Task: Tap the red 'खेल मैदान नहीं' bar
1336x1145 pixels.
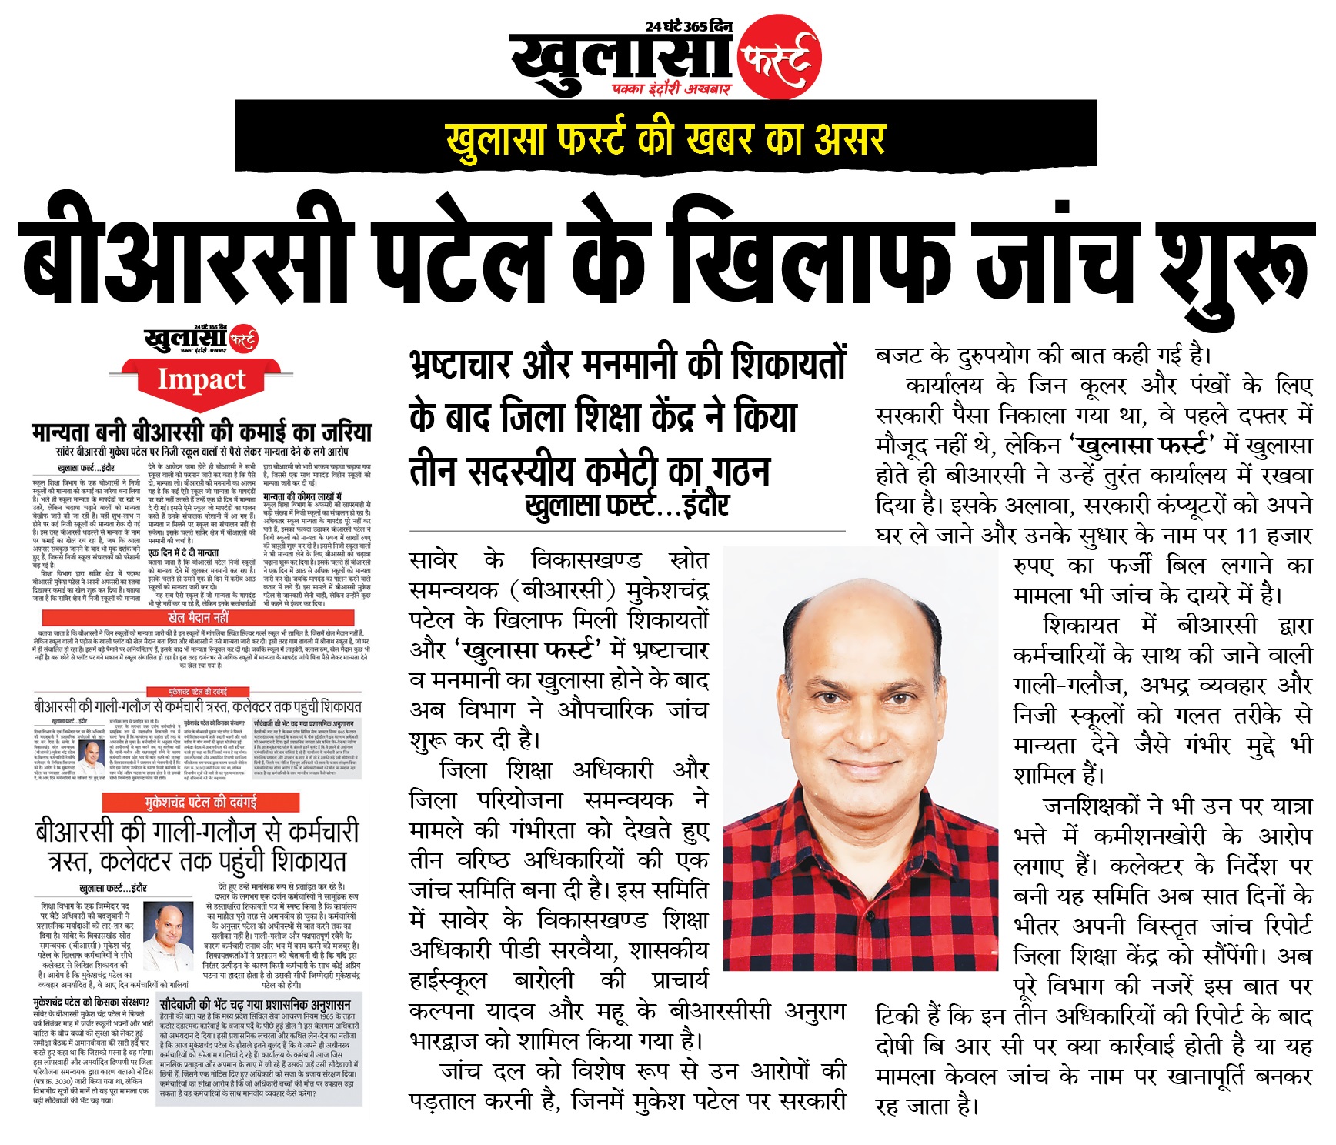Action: point(198,617)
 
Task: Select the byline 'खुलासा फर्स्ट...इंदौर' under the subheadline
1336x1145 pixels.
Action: point(626,505)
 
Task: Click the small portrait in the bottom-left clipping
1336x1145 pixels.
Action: point(169,926)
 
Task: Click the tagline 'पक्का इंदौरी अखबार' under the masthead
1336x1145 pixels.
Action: point(671,90)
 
